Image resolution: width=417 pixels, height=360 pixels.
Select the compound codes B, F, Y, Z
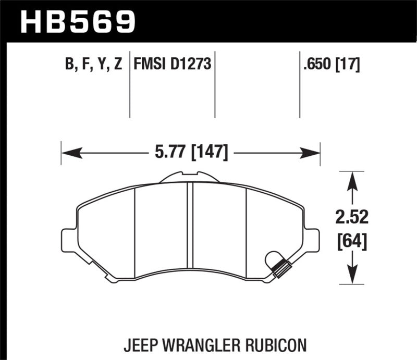[x=94, y=65]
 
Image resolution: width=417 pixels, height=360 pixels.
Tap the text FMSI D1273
[x=172, y=65]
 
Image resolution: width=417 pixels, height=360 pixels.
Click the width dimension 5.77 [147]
[x=190, y=153]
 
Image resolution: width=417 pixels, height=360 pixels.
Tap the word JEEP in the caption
[x=140, y=344]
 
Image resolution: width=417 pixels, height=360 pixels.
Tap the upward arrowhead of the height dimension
[x=353, y=180]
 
